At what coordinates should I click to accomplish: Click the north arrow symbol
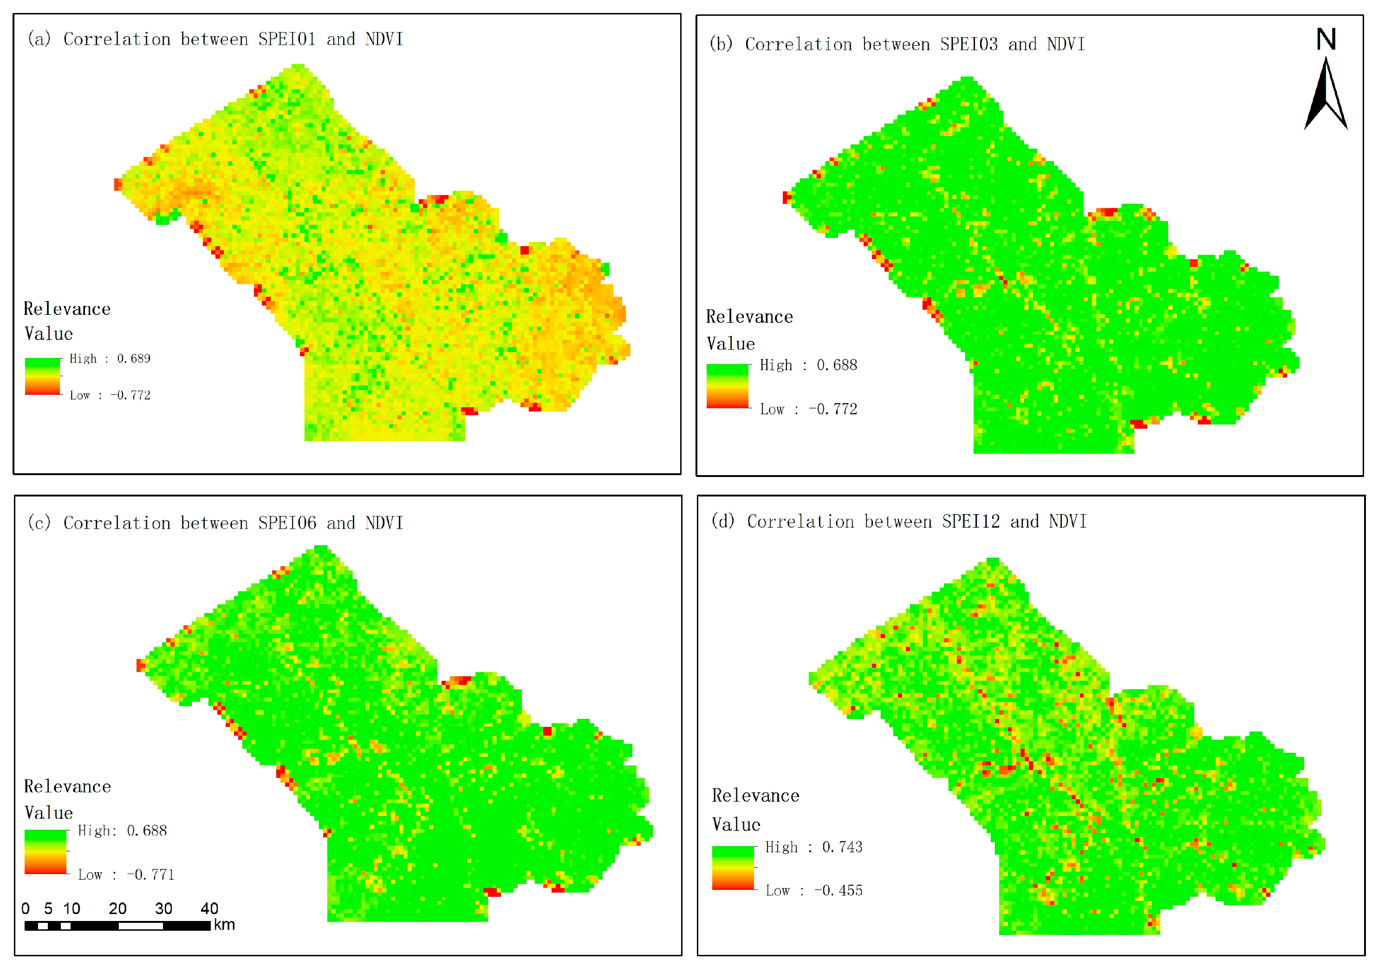click(1326, 96)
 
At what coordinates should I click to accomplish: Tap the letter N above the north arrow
click(1326, 39)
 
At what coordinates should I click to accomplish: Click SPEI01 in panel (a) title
click(287, 39)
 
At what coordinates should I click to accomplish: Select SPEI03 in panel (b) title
click(968, 45)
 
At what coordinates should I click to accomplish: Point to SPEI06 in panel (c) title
click(287, 523)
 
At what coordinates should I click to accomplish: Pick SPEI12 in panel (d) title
click(970, 522)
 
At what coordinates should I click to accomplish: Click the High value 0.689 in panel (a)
click(133, 359)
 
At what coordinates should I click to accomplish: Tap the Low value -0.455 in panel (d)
click(838, 891)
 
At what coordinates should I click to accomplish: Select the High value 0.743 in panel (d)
click(842, 848)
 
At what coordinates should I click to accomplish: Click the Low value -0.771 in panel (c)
click(150, 875)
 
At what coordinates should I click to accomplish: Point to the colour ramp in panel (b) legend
click(728, 386)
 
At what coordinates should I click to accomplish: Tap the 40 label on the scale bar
click(209, 909)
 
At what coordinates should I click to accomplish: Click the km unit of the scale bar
click(224, 925)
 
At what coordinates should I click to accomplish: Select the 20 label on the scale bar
click(117, 909)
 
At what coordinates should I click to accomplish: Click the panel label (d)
click(722, 521)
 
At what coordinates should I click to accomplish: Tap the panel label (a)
click(39, 39)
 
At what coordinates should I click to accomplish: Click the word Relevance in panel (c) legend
click(67, 787)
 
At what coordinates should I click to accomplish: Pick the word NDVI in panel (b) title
click(1066, 45)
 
